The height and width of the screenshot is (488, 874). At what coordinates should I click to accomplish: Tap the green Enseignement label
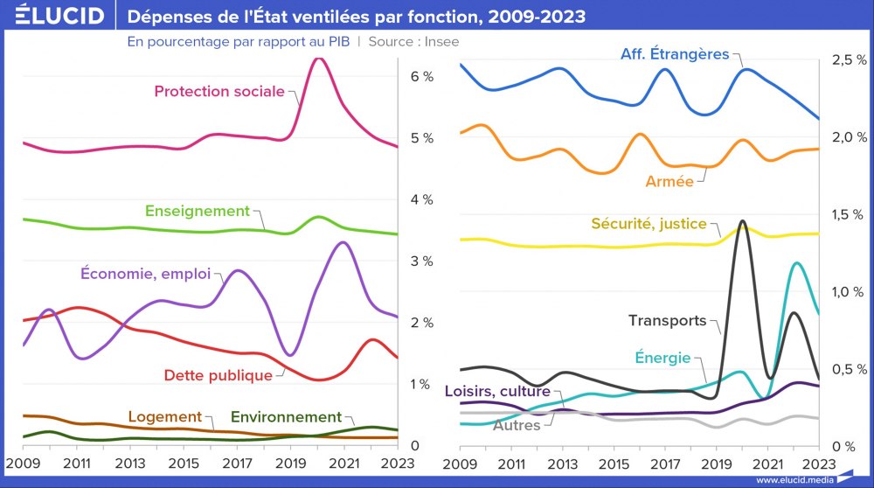tap(198, 211)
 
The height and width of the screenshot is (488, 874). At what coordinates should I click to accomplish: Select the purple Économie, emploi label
tap(146, 274)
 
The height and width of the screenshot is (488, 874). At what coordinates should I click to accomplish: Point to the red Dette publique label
tap(218, 375)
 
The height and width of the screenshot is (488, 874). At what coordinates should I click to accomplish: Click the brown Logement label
tap(165, 417)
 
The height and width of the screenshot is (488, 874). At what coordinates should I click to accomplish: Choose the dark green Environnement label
tap(286, 417)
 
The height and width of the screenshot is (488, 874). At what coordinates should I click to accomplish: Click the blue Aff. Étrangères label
tap(675, 54)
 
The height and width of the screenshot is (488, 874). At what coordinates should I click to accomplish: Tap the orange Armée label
tap(669, 182)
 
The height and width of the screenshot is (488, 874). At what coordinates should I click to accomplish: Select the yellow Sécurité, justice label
tap(649, 224)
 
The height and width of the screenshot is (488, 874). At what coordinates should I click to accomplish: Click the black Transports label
tap(668, 321)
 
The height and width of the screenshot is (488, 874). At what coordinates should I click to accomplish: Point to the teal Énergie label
tap(662, 358)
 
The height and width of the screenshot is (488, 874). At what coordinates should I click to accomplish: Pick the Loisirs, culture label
tap(497, 391)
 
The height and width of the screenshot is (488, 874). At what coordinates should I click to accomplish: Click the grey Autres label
tap(517, 425)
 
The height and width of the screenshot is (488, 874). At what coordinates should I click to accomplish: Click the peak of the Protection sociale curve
tap(319, 59)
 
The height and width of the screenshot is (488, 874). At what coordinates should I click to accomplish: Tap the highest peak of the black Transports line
tap(742, 221)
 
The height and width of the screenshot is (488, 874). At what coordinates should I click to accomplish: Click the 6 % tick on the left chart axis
tap(422, 77)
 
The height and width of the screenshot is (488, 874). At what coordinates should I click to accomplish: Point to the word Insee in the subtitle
tap(441, 41)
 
